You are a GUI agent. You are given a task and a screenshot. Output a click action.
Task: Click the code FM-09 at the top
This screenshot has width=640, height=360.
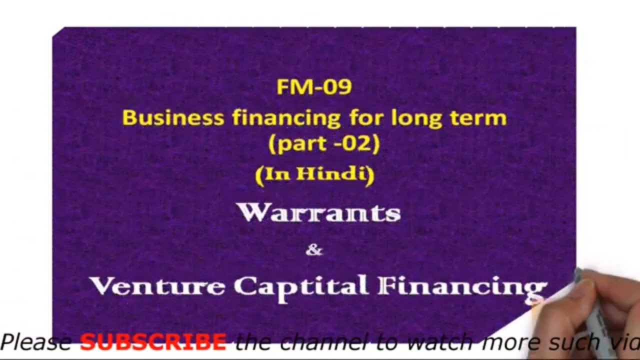click(x=314, y=87)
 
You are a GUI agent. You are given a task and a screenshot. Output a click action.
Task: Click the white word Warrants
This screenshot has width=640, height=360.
click(x=319, y=213)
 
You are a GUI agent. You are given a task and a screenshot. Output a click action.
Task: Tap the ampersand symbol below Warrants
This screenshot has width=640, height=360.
click(x=314, y=250)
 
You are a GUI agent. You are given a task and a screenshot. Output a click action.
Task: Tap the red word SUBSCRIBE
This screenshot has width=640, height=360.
click(x=153, y=342)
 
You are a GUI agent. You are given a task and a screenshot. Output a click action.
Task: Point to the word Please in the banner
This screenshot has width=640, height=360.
click(x=36, y=342)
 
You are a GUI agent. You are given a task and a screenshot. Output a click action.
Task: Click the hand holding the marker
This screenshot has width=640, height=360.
click(x=600, y=305)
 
